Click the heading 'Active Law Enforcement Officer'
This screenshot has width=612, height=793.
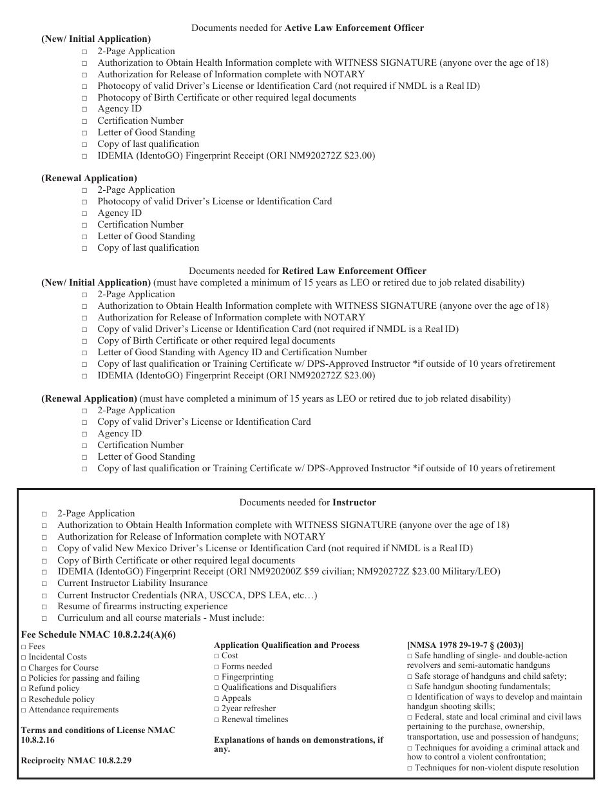354,28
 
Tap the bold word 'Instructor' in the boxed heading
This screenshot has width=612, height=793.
354,502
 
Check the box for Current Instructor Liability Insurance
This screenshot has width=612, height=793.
44,583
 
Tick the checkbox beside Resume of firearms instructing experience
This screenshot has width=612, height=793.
44,607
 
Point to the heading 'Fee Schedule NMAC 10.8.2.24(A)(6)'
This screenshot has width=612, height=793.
98,634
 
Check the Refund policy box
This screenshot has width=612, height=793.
24,689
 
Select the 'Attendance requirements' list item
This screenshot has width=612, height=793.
73,709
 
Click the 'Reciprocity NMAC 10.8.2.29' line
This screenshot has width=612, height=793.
76,760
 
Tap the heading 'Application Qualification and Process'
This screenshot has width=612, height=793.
287,645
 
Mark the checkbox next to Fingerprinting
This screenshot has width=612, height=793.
217,677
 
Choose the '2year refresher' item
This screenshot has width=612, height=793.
248,709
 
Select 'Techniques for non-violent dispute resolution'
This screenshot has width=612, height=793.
496,767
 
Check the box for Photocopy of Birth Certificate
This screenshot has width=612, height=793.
86,98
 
